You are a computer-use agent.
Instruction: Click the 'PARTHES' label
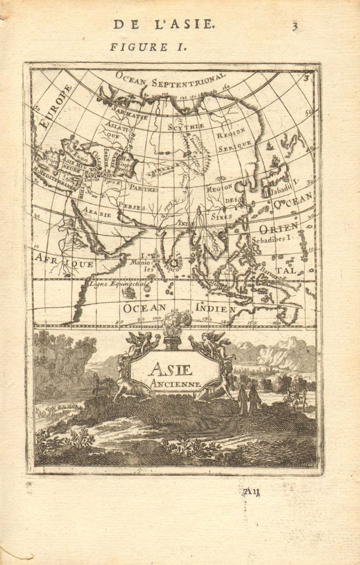click(144, 189)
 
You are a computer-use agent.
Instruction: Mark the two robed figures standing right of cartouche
click(247, 399)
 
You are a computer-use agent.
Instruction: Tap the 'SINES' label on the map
click(221, 217)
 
